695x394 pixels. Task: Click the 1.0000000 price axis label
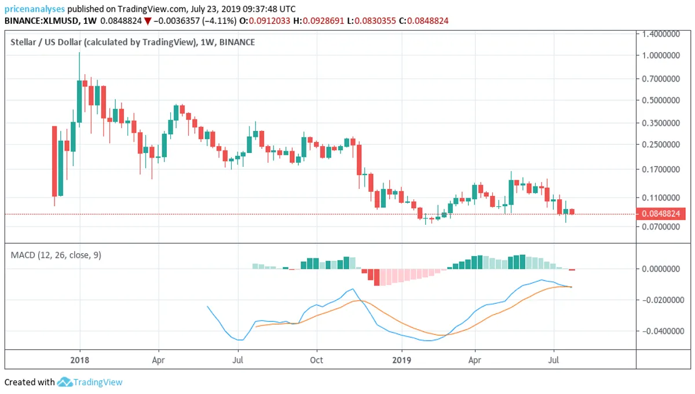pyautogui.click(x=661, y=56)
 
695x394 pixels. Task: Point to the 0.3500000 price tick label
pyautogui.click(x=661, y=123)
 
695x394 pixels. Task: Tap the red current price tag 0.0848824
pyautogui.click(x=661, y=214)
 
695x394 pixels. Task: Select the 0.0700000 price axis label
pyautogui.click(x=661, y=227)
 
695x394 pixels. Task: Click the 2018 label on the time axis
pyautogui.click(x=80, y=360)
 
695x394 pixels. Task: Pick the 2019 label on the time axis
pyautogui.click(x=402, y=360)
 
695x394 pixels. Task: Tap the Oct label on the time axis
pyautogui.click(x=317, y=360)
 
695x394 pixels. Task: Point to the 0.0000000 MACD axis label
pyautogui.click(x=661, y=269)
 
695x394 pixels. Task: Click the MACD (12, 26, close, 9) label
pyautogui.click(x=56, y=255)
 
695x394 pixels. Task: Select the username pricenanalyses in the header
pyautogui.click(x=34, y=9)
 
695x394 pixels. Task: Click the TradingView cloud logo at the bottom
pyautogui.click(x=65, y=382)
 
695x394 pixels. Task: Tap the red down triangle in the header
pyautogui.click(x=148, y=21)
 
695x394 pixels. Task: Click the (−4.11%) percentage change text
pyautogui.click(x=219, y=21)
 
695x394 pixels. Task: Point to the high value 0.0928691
pyautogui.click(x=323, y=21)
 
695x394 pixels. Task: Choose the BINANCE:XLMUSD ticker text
pyautogui.click(x=41, y=21)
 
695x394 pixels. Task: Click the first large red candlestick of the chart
pyautogui.click(x=54, y=161)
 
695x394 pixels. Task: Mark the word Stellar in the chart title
pyautogui.click(x=23, y=42)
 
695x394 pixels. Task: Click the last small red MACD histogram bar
pyautogui.click(x=572, y=270)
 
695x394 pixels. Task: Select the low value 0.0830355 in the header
pyautogui.click(x=375, y=21)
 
